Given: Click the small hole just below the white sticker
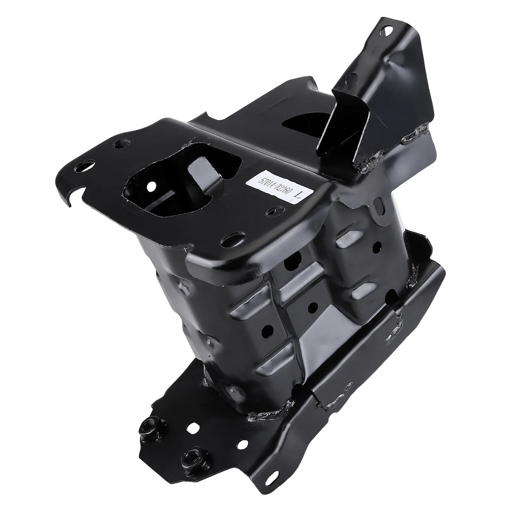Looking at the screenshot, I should point(272,212).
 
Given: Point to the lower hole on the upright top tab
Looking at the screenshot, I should point(352,76).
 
